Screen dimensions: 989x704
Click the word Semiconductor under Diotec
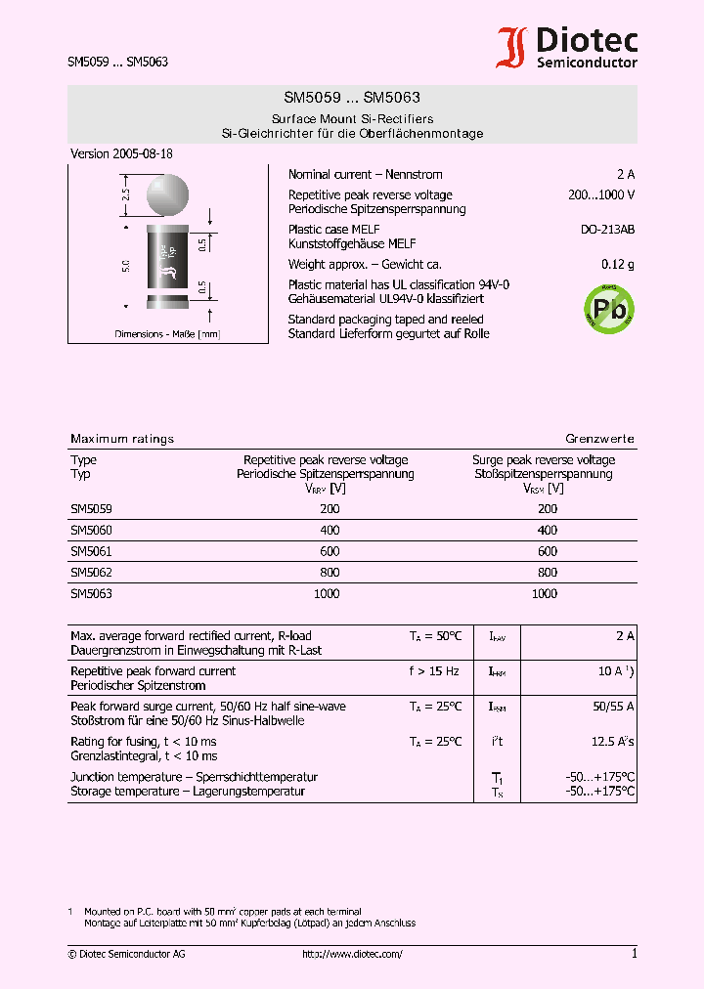pos(587,63)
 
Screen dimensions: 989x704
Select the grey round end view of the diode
pos(168,194)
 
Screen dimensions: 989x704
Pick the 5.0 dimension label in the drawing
pos(125,265)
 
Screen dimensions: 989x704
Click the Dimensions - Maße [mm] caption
pos(167,334)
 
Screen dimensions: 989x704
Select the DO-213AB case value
pos(607,230)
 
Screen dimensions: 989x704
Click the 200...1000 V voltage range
pos(601,194)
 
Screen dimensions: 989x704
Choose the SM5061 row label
pos(91,551)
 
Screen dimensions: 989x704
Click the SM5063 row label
pos(91,593)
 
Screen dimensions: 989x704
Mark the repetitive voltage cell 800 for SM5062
pos(330,573)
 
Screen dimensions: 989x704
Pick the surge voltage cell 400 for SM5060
pos(548,530)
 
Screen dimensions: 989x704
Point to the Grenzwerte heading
pos(599,439)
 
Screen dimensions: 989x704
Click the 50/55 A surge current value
pos(613,706)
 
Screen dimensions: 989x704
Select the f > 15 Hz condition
pos(434,671)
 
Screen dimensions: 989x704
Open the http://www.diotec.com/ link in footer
pos(352,954)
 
